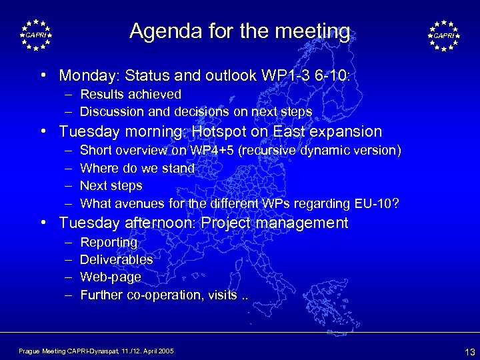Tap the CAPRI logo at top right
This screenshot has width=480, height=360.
click(444, 35)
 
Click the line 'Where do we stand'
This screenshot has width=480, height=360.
click(137, 168)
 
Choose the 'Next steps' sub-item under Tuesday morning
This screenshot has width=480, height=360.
click(111, 185)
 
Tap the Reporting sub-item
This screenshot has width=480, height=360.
click(109, 243)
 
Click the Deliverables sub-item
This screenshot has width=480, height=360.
click(117, 259)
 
